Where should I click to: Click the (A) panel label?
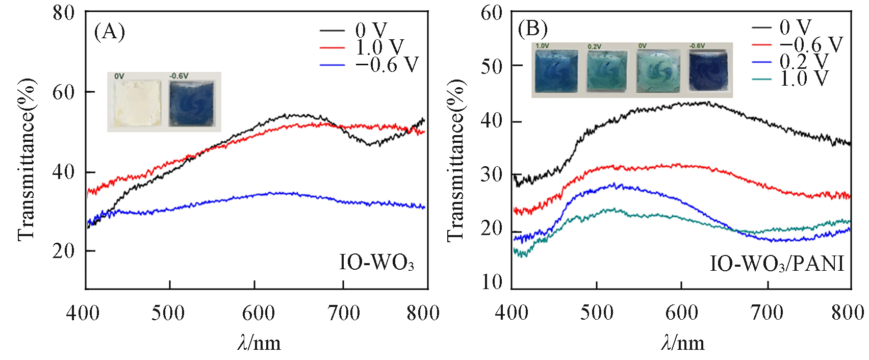pos(109,32)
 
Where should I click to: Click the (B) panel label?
pos(532,29)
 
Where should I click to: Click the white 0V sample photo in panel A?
pos(137,102)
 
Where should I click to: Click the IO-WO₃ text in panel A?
pos(376,263)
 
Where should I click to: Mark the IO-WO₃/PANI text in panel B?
pos(777,264)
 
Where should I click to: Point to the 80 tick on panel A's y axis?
pos(63,13)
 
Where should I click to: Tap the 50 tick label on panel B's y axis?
pos(492,66)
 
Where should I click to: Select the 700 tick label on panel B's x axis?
pos(767,313)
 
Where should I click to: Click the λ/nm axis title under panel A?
pos(259,343)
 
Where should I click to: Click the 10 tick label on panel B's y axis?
pos(492,282)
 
